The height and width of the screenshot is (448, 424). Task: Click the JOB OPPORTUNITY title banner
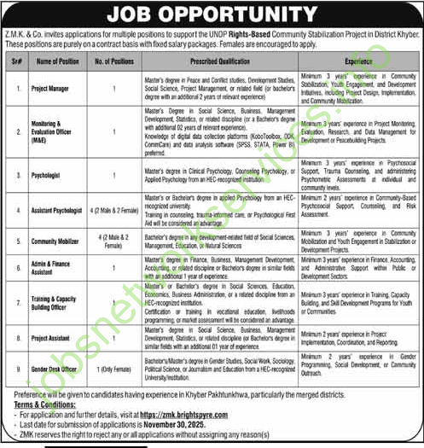pos(212,15)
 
